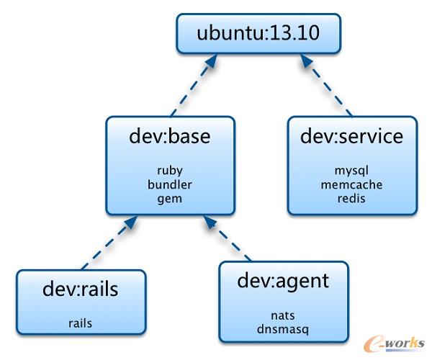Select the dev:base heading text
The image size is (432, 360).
click(170, 137)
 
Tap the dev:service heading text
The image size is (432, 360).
click(351, 137)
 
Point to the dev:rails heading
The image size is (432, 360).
click(81, 289)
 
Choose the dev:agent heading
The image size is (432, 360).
click(283, 281)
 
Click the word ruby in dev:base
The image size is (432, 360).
click(170, 171)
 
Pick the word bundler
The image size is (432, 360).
click(170, 185)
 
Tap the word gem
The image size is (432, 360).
click(170, 199)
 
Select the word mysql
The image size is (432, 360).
click(351, 171)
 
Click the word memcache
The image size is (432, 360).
click(351, 185)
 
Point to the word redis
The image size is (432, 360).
click(351, 198)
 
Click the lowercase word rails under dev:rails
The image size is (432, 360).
click(81, 323)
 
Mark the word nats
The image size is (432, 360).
click(283, 315)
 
